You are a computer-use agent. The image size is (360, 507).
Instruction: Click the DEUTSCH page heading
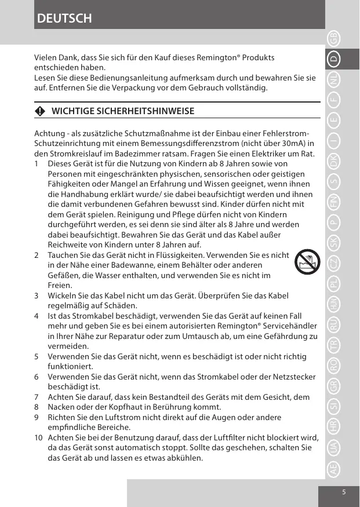[x=64, y=18]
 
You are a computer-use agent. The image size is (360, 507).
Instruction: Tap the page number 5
[x=344, y=492]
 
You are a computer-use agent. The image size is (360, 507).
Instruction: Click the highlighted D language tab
[x=333, y=59]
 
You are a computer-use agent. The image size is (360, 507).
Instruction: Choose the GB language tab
[x=333, y=39]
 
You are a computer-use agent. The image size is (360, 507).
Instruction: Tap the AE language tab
[x=333, y=468]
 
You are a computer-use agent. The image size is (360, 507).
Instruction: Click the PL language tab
[x=333, y=284]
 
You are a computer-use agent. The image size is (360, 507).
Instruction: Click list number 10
[x=38, y=437]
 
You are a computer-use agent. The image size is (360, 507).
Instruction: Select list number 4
[x=37, y=316]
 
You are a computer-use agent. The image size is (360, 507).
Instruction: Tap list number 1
[x=37, y=164]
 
